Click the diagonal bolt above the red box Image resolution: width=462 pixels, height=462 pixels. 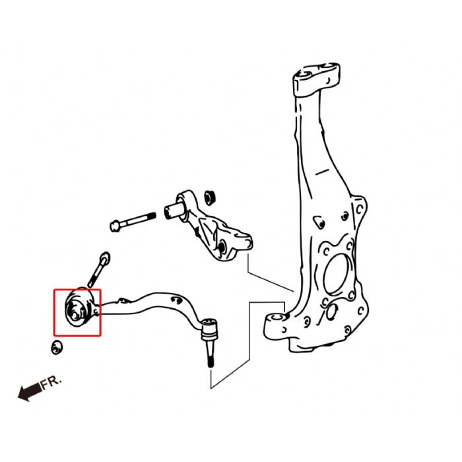[97, 271]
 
